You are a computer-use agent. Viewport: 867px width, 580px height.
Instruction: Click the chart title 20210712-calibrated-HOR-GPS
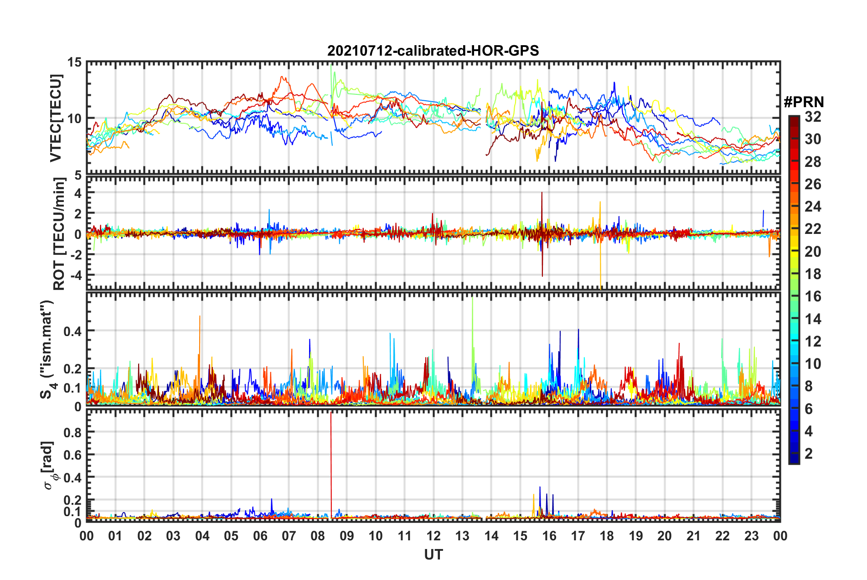tap(433, 51)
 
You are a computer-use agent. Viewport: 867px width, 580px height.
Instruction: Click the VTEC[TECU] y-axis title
tap(56, 118)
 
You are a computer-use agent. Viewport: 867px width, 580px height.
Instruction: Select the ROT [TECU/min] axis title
tap(59, 234)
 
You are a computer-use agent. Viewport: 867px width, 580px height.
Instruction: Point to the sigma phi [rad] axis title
tap(49, 465)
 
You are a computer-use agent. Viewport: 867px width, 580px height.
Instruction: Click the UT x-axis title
tap(433, 555)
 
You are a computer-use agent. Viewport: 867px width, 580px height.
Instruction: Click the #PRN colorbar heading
tap(803, 102)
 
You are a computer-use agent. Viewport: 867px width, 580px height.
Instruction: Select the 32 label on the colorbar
tap(813, 117)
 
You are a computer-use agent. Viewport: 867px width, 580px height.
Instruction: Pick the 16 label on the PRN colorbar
tap(813, 296)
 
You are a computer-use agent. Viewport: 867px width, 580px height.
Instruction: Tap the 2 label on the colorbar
tap(809, 454)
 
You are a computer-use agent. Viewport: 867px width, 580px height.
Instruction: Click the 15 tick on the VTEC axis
tap(75, 62)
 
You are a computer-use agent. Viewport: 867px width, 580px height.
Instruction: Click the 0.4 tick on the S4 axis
tap(72, 331)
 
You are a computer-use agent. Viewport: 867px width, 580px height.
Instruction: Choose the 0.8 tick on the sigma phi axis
tap(72, 432)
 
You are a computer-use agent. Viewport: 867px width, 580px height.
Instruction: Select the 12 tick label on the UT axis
tap(433, 536)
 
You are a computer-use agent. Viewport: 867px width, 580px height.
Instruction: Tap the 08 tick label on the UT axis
tap(318, 536)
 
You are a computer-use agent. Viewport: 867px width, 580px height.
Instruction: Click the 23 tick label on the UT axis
tap(751, 536)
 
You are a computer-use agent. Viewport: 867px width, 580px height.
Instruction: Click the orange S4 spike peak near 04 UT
tap(200, 317)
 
